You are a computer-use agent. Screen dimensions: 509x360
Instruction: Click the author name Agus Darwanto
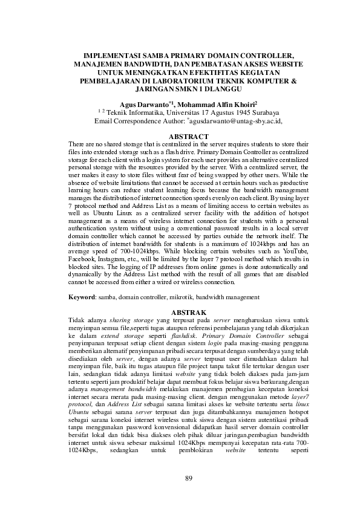(145, 104)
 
